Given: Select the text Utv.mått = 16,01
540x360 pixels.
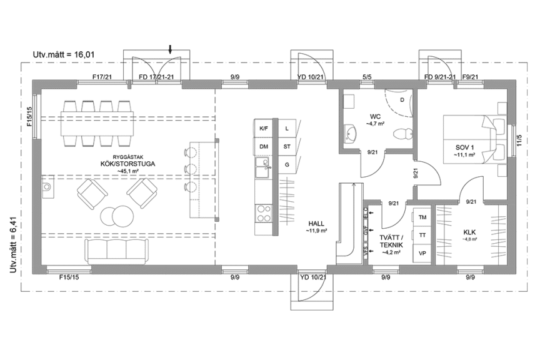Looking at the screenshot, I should point(64,55).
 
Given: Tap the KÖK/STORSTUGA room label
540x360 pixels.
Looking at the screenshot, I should point(127,164).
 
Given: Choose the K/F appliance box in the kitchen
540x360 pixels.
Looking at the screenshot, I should point(263,128).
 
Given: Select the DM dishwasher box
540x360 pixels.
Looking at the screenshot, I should point(263,147).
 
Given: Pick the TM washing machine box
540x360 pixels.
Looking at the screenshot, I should point(422,217).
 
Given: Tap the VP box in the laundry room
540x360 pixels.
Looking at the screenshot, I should point(422,253).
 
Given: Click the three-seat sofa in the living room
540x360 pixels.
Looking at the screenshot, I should point(116,251).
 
